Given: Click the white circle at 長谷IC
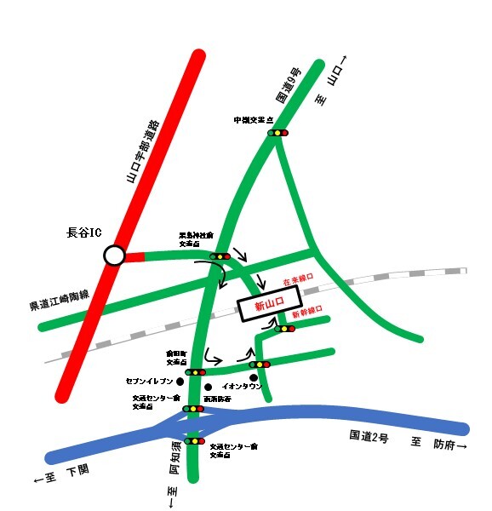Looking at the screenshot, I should pyautogui.click(x=113, y=255).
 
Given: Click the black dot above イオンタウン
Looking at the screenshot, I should pyautogui.click(x=254, y=377).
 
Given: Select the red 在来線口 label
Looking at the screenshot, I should pyautogui.click(x=298, y=278).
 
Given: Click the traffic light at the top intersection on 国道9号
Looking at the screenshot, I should pyautogui.click(x=278, y=133).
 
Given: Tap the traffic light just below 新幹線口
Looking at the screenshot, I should pyautogui.click(x=284, y=328).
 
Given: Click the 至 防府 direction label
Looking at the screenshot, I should pyautogui.click(x=439, y=445).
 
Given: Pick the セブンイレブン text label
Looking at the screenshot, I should pyautogui.click(x=149, y=381).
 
